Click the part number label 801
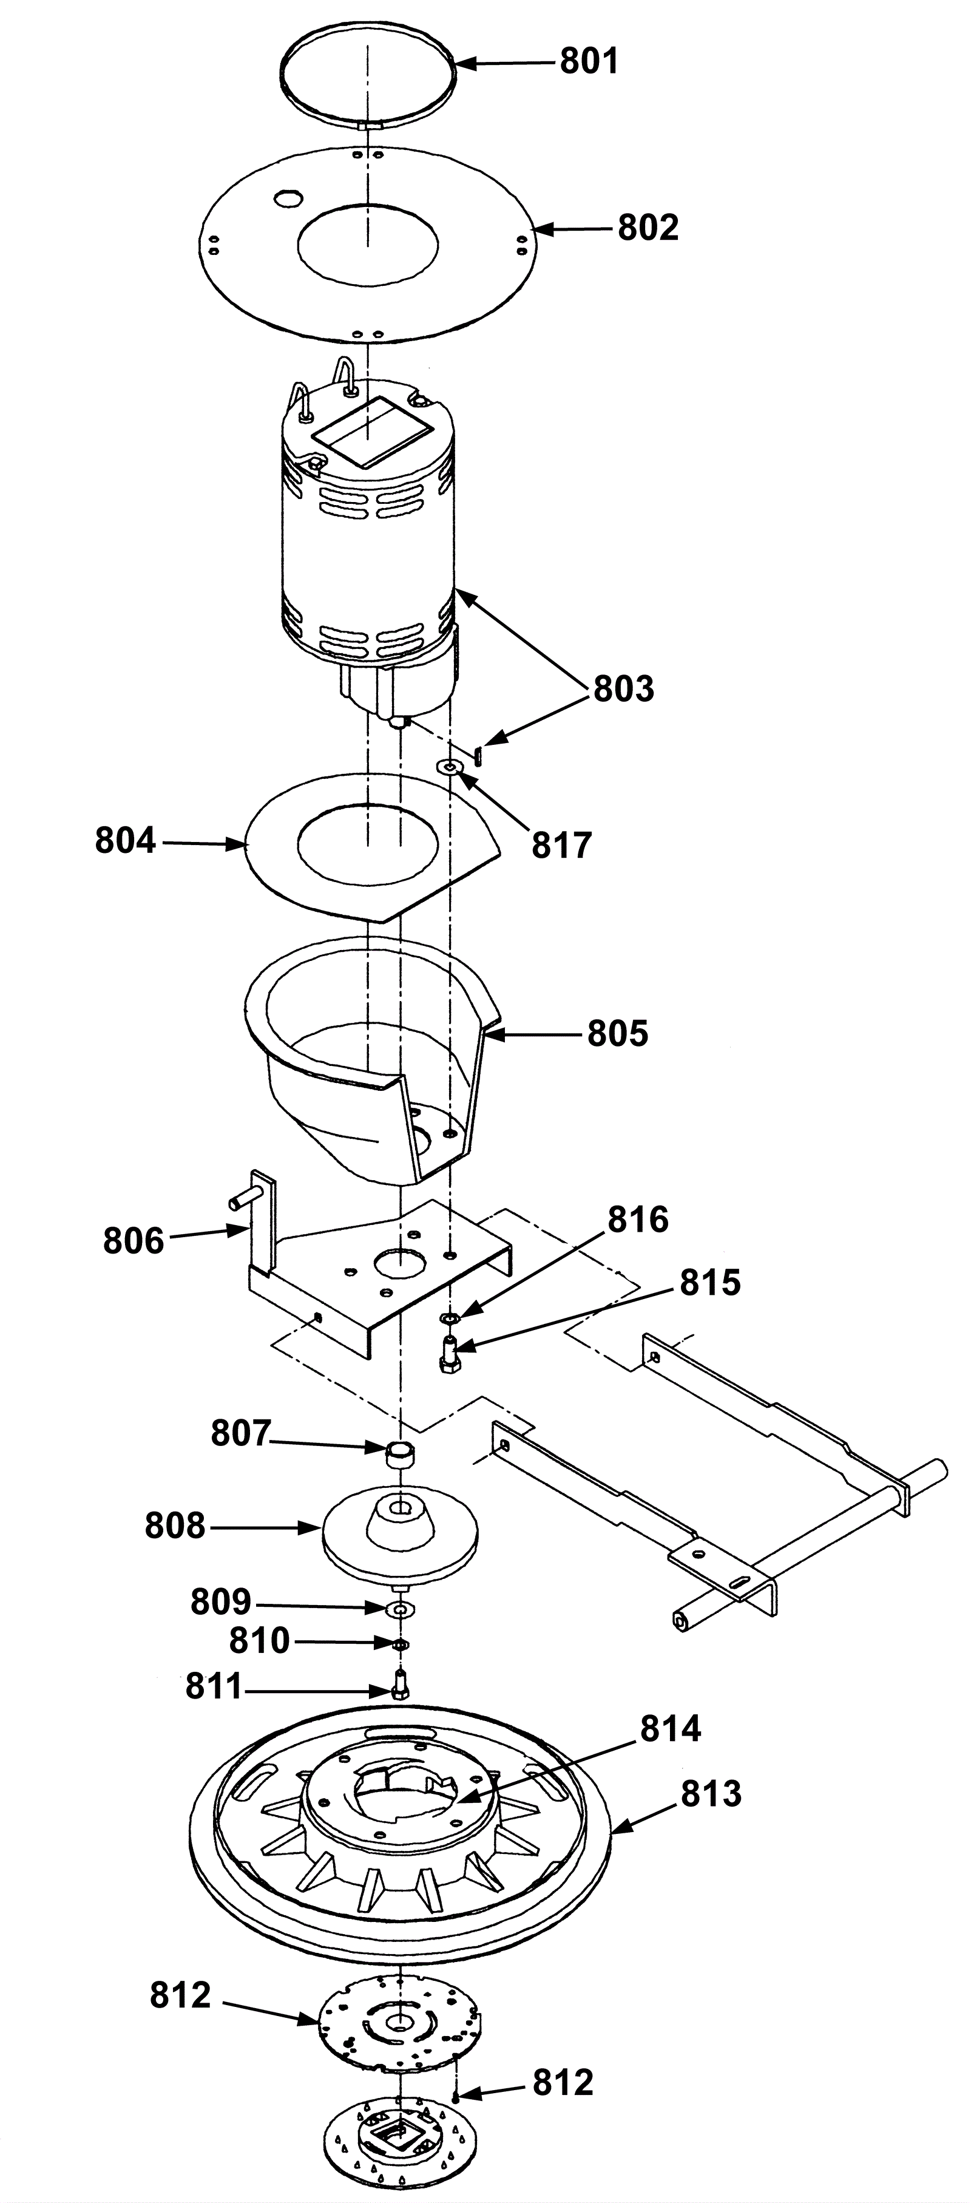(x=589, y=61)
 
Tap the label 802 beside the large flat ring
(x=648, y=228)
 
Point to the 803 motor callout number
(x=623, y=688)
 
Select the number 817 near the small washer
(x=561, y=845)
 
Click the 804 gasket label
(x=126, y=841)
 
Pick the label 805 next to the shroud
(x=618, y=1033)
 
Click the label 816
(x=638, y=1220)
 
